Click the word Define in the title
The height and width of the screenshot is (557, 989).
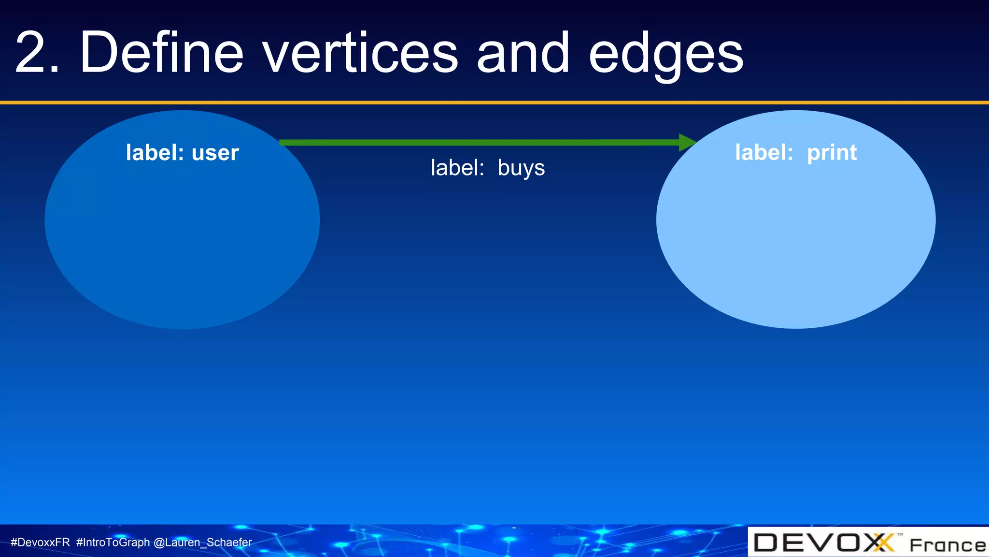pos(162,52)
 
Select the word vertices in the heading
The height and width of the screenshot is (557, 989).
pos(360,52)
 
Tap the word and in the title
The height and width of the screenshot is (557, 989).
pos(523,52)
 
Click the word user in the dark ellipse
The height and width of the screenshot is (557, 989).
pos(215,153)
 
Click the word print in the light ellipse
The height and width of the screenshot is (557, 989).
pos(832,153)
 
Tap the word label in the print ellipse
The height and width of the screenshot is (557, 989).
pos(763,153)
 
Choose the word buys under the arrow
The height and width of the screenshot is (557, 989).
pos(521,169)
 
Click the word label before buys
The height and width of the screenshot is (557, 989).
pos(457,168)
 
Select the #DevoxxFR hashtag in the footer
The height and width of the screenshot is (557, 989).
pos(40,542)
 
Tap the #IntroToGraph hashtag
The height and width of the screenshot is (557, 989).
pos(113,542)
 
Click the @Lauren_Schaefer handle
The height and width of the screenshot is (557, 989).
pos(202,542)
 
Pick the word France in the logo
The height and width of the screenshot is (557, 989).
pos(947,545)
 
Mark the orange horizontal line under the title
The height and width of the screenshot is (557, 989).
pos(494,103)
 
